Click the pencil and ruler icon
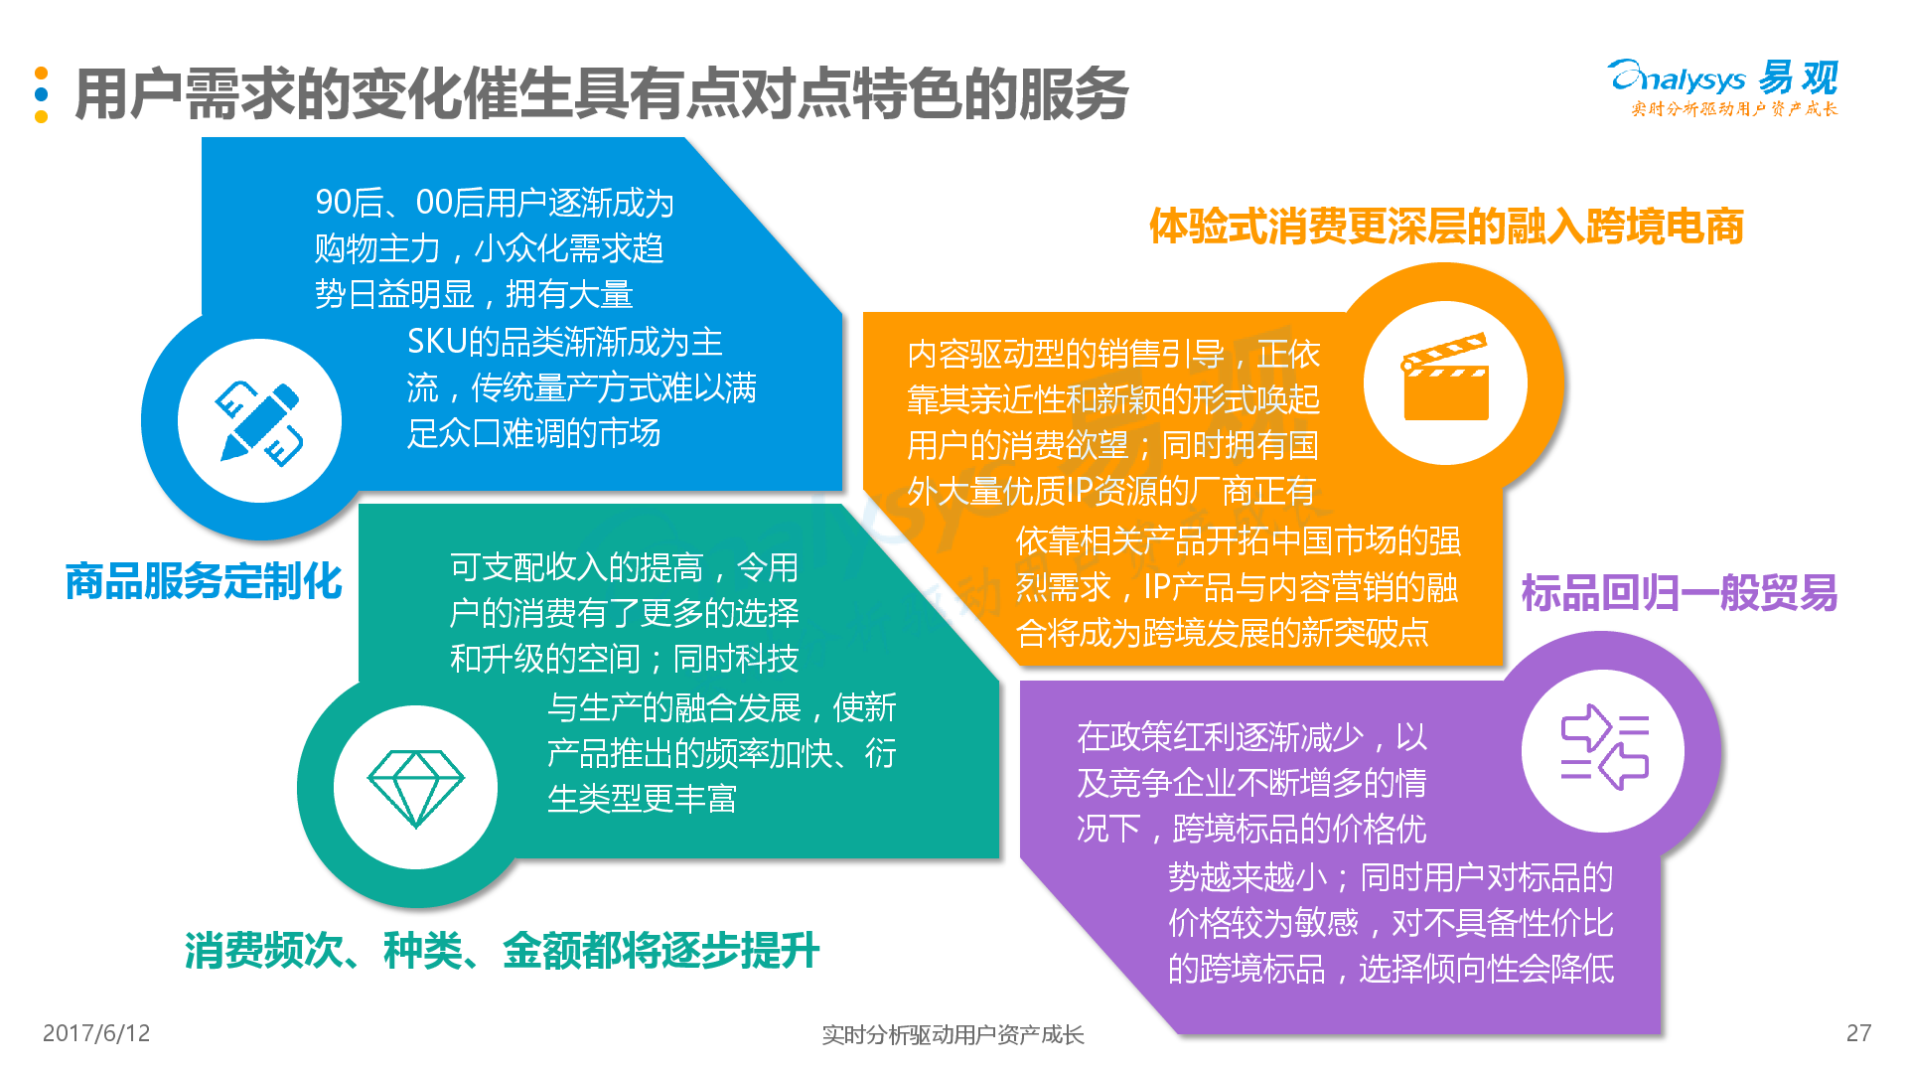pyautogui.click(x=259, y=423)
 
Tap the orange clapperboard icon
pyautogui.click(x=1445, y=377)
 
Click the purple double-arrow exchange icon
pyautogui.click(x=1604, y=747)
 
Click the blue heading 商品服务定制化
pyautogui.click(x=204, y=581)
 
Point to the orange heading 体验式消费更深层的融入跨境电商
pyautogui.click(x=1446, y=227)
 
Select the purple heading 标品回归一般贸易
pyautogui.click(x=1680, y=593)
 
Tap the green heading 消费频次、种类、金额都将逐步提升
pyautogui.click(x=502, y=951)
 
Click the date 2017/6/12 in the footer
pyautogui.click(x=96, y=1033)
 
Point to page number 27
pyautogui.click(x=1858, y=1033)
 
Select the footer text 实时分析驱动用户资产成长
pyautogui.click(x=953, y=1035)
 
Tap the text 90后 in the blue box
pyautogui.click(x=350, y=203)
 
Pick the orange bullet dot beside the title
pyautogui.click(x=41, y=73)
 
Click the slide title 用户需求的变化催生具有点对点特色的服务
pyautogui.click(x=602, y=94)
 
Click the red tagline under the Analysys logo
pyautogui.click(x=1734, y=109)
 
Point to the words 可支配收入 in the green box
pyautogui.click(x=528, y=567)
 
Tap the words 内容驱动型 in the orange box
pyautogui.click(x=986, y=355)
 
